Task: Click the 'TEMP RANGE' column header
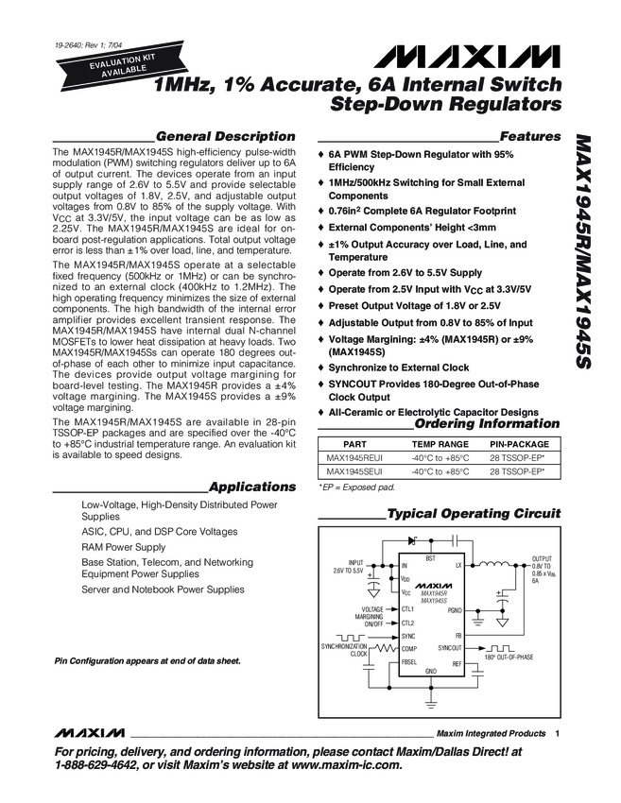click(x=440, y=442)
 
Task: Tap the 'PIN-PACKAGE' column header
click(x=518, y=442)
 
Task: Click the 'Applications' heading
click(x=252, y=487)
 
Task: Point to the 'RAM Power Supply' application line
click(x=124, y=547)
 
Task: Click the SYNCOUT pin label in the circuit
click(x=450, y=649)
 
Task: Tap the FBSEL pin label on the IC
click(x=408, y=662)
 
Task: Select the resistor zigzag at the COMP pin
click(x=386, y=650)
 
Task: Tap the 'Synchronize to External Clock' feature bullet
click(x=398, y=367)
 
